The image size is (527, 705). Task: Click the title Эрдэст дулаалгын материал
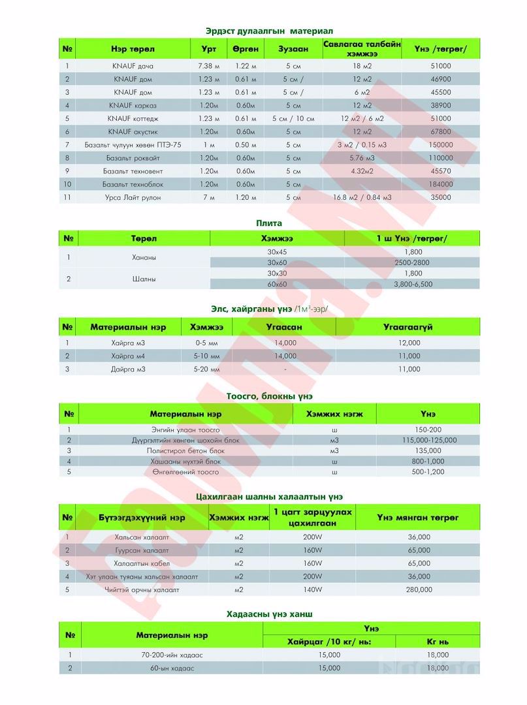click(269, 31)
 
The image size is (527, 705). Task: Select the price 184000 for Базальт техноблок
click(441, 184)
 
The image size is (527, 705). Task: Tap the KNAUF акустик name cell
click(133, 132)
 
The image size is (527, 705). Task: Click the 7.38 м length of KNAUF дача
click(208, 66)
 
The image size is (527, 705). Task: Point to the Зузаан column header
click(289, 49)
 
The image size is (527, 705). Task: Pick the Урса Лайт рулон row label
click(133, 197)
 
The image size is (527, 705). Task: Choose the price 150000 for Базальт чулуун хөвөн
click(441, 145)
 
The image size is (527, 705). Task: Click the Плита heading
click(268, 223)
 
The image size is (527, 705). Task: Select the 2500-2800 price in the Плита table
click(413, 262)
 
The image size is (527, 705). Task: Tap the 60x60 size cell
click(277, 284)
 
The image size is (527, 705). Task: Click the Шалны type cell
click(144, 279)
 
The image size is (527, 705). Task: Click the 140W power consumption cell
click(313, 589)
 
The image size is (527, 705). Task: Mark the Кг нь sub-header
click(437, 642)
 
